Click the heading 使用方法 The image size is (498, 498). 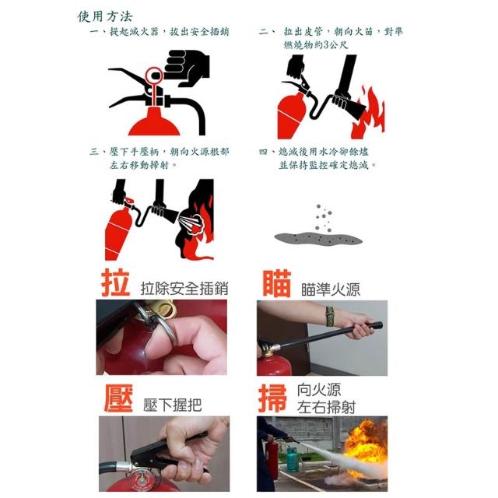pyautogui.click(x=105, y=16)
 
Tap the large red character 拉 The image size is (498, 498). pyautogui.click(x=116, y=283)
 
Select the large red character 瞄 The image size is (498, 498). pyautogui.click(x=277, y=283)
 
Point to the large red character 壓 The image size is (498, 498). pyautogui.click(x=118, y=398)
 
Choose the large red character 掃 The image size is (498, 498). pyautogui.click(x=273, y=398)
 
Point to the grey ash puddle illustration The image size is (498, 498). pyautogui.click(x=318, y=238)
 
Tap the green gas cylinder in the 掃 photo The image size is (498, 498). pyautogui.click(x=293, y=460)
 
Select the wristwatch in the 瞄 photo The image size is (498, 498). pyautogui.click(x=330, y=317)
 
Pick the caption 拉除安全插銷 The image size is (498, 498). pyautogui.click(x=184, y=289)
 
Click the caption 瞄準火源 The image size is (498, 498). pyautogui.click(x=331, y=289)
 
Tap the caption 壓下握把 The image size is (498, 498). pyautogui.click(x=172, y=405)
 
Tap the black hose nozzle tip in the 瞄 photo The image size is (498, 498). pyautogui.click(x=379, y=325)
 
